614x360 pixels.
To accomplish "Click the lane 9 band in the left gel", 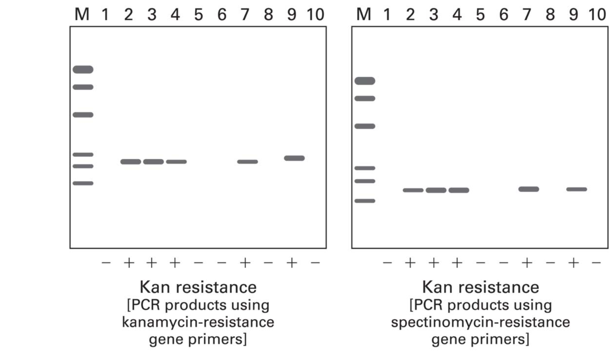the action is pyautogui.click(x=294, y=158).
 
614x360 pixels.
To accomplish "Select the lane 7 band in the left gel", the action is pyautogui.click(x=248, y=162).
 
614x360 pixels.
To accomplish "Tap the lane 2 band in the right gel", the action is pyautogui.click(x=413, y=190).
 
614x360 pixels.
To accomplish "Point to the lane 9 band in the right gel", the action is pyautogui.click(x=577, y=189).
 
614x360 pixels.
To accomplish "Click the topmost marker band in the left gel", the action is pyautogui.click(x=83, y=69).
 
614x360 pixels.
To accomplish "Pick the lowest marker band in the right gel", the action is pyautogui.click(x=365, y=201).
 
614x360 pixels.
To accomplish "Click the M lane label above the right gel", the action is pyautogui.click(x=363, y=14).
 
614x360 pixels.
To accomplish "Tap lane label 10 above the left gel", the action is pyautogui.click(x=316, y=14).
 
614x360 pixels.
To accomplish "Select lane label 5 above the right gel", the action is pyautogui.click(x=480, y=14).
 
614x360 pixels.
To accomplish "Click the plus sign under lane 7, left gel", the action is pyautogui.click(x=245, y=263).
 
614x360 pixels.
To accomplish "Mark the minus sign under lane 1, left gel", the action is pyautogui.click(x=106, y=263).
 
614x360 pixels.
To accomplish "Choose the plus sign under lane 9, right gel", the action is pyautogui.click(x=573, y=263).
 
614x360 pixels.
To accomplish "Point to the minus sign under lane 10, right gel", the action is pyautogui.click(x=596, y=263).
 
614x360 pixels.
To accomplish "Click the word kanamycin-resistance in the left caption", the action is pyautogui.click(x=198, y=322).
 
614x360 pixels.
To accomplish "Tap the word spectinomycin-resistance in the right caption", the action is pyautogui.click(x=480, y=322).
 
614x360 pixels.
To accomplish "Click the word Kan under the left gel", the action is pyautogui.click(x=155, y=287).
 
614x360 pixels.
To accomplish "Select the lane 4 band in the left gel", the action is pyautogui.click(x=176, y=162).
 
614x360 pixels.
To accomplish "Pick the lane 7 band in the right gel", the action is pyautogui.click(x=529, y=189).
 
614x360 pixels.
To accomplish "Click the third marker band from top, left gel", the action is pyautogui.click(x=83, y=115).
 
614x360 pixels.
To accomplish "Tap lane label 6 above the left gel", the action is pyautogui.click(x=222, y=14).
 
